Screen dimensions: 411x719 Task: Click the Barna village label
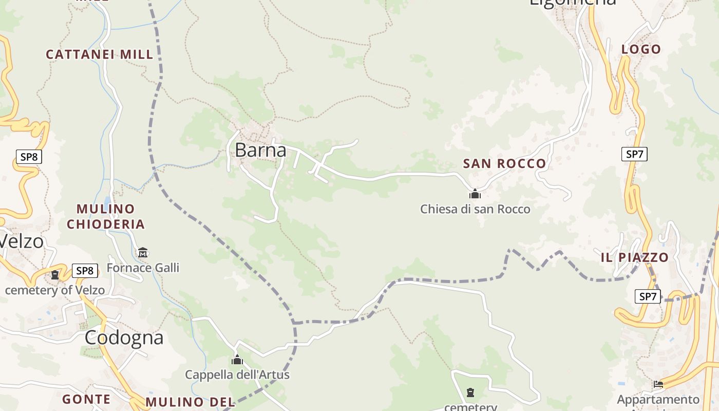260,150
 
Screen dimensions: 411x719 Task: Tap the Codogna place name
124,338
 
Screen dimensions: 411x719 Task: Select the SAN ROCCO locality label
504,164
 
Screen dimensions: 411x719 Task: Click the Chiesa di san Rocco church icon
475,194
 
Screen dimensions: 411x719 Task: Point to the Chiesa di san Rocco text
475,209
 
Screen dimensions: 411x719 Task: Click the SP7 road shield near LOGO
634,154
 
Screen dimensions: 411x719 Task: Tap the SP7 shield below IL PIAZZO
648,296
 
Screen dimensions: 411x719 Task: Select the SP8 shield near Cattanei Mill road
29,157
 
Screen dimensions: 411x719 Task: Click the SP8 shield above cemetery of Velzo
85,271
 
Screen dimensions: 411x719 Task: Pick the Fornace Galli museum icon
143,253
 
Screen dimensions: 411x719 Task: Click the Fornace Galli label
143,268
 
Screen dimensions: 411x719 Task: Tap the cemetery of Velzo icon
55,275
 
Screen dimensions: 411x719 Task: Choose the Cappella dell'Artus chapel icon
237,360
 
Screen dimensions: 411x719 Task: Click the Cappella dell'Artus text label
237,375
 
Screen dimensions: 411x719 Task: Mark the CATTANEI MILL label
100,54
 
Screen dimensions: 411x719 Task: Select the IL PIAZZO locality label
634,257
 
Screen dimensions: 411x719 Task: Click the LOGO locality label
641,49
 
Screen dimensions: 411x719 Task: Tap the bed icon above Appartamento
658,384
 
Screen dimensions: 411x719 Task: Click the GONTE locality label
86,399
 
